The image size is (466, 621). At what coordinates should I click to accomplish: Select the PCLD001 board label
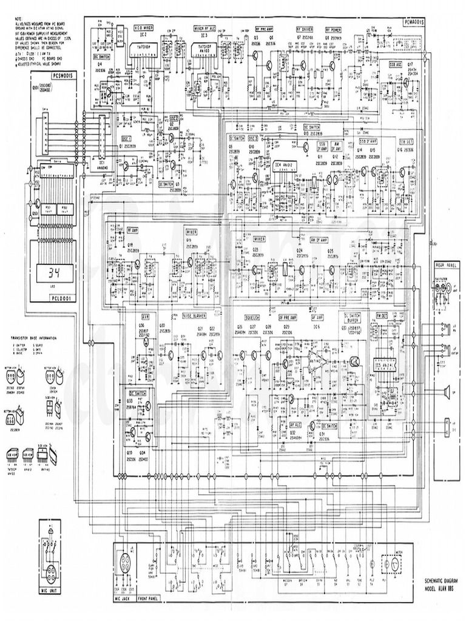(62, 297)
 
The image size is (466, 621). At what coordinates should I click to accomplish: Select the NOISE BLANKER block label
(196, 317)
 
